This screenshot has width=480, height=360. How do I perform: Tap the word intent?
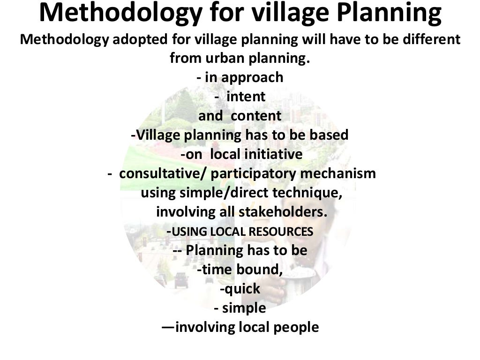click(246, 97)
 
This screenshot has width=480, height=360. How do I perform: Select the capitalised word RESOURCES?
click(281, 232)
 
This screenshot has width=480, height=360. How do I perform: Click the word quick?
click(242, 289)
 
